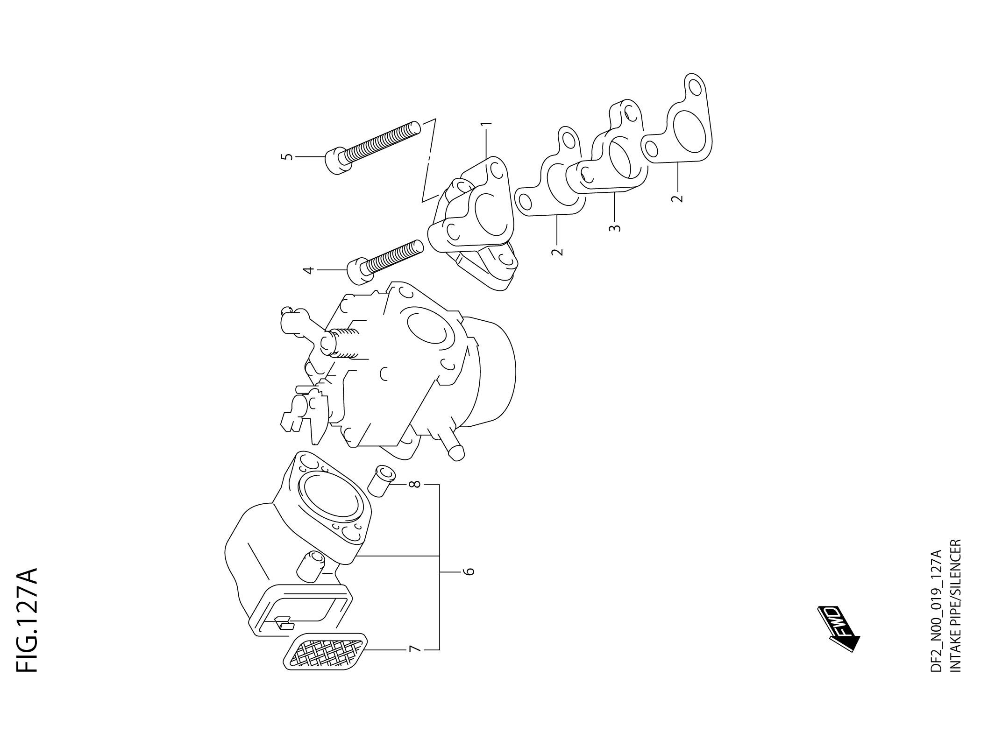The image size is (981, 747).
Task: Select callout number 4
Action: tap(308, 270)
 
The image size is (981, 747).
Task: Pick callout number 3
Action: tap(615, 228)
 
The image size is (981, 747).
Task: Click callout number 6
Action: tap(469, 571)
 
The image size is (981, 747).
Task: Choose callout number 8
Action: tap(414, 485)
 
